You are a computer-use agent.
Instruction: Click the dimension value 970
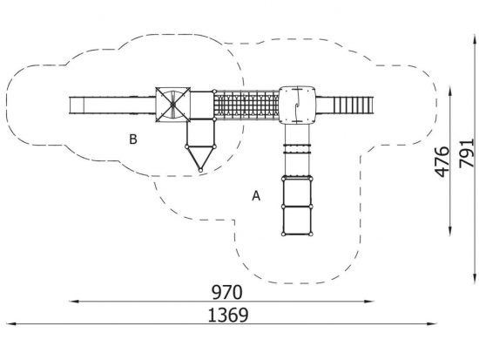tap(227, 292)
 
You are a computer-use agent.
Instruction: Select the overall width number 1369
tap(228, 315)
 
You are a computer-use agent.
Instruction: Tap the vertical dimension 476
tap(442, 162)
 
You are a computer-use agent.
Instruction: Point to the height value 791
tap(467, 153)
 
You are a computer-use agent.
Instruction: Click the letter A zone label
tap(256, 196)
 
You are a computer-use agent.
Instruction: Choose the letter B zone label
tap(133, 139)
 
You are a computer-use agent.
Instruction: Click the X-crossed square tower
tap(173, 105)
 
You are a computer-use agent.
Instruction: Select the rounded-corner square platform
tap(297, 105)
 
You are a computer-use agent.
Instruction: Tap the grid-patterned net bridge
tap(246, 105)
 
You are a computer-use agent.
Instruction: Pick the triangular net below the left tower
tap(200, 158)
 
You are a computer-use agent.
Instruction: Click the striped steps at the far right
tap(353, 105)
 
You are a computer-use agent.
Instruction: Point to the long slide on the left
tap(112, 105)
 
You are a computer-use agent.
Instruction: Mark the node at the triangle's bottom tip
tap(200, 170)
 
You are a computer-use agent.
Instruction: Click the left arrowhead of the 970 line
tap(74, 302)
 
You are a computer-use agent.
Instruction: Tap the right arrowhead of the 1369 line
tap(432, 323)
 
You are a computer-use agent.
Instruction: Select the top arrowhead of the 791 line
tap(475, 39)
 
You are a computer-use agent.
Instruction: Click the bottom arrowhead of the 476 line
tap(450, 231)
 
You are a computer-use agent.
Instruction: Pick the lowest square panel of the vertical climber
tap(297, 221)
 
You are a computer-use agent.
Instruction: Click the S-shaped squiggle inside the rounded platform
tap(297, 105)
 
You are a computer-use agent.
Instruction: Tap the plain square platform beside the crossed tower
tap(202, 105)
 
